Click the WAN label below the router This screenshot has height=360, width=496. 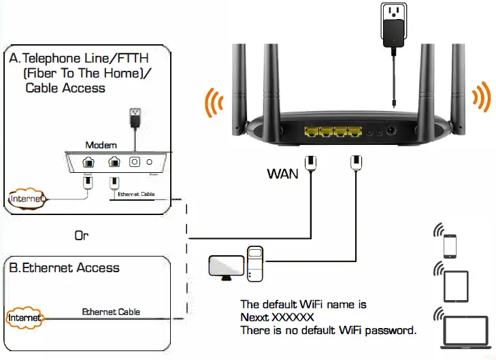coord(282,174)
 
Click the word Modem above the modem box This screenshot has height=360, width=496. coord(101,145)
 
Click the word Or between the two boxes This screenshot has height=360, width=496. coord(82,235)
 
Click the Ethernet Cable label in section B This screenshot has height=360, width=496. coord(111,312)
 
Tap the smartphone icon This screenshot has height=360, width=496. coord(450,246)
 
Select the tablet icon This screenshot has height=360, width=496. coord(454,287)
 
